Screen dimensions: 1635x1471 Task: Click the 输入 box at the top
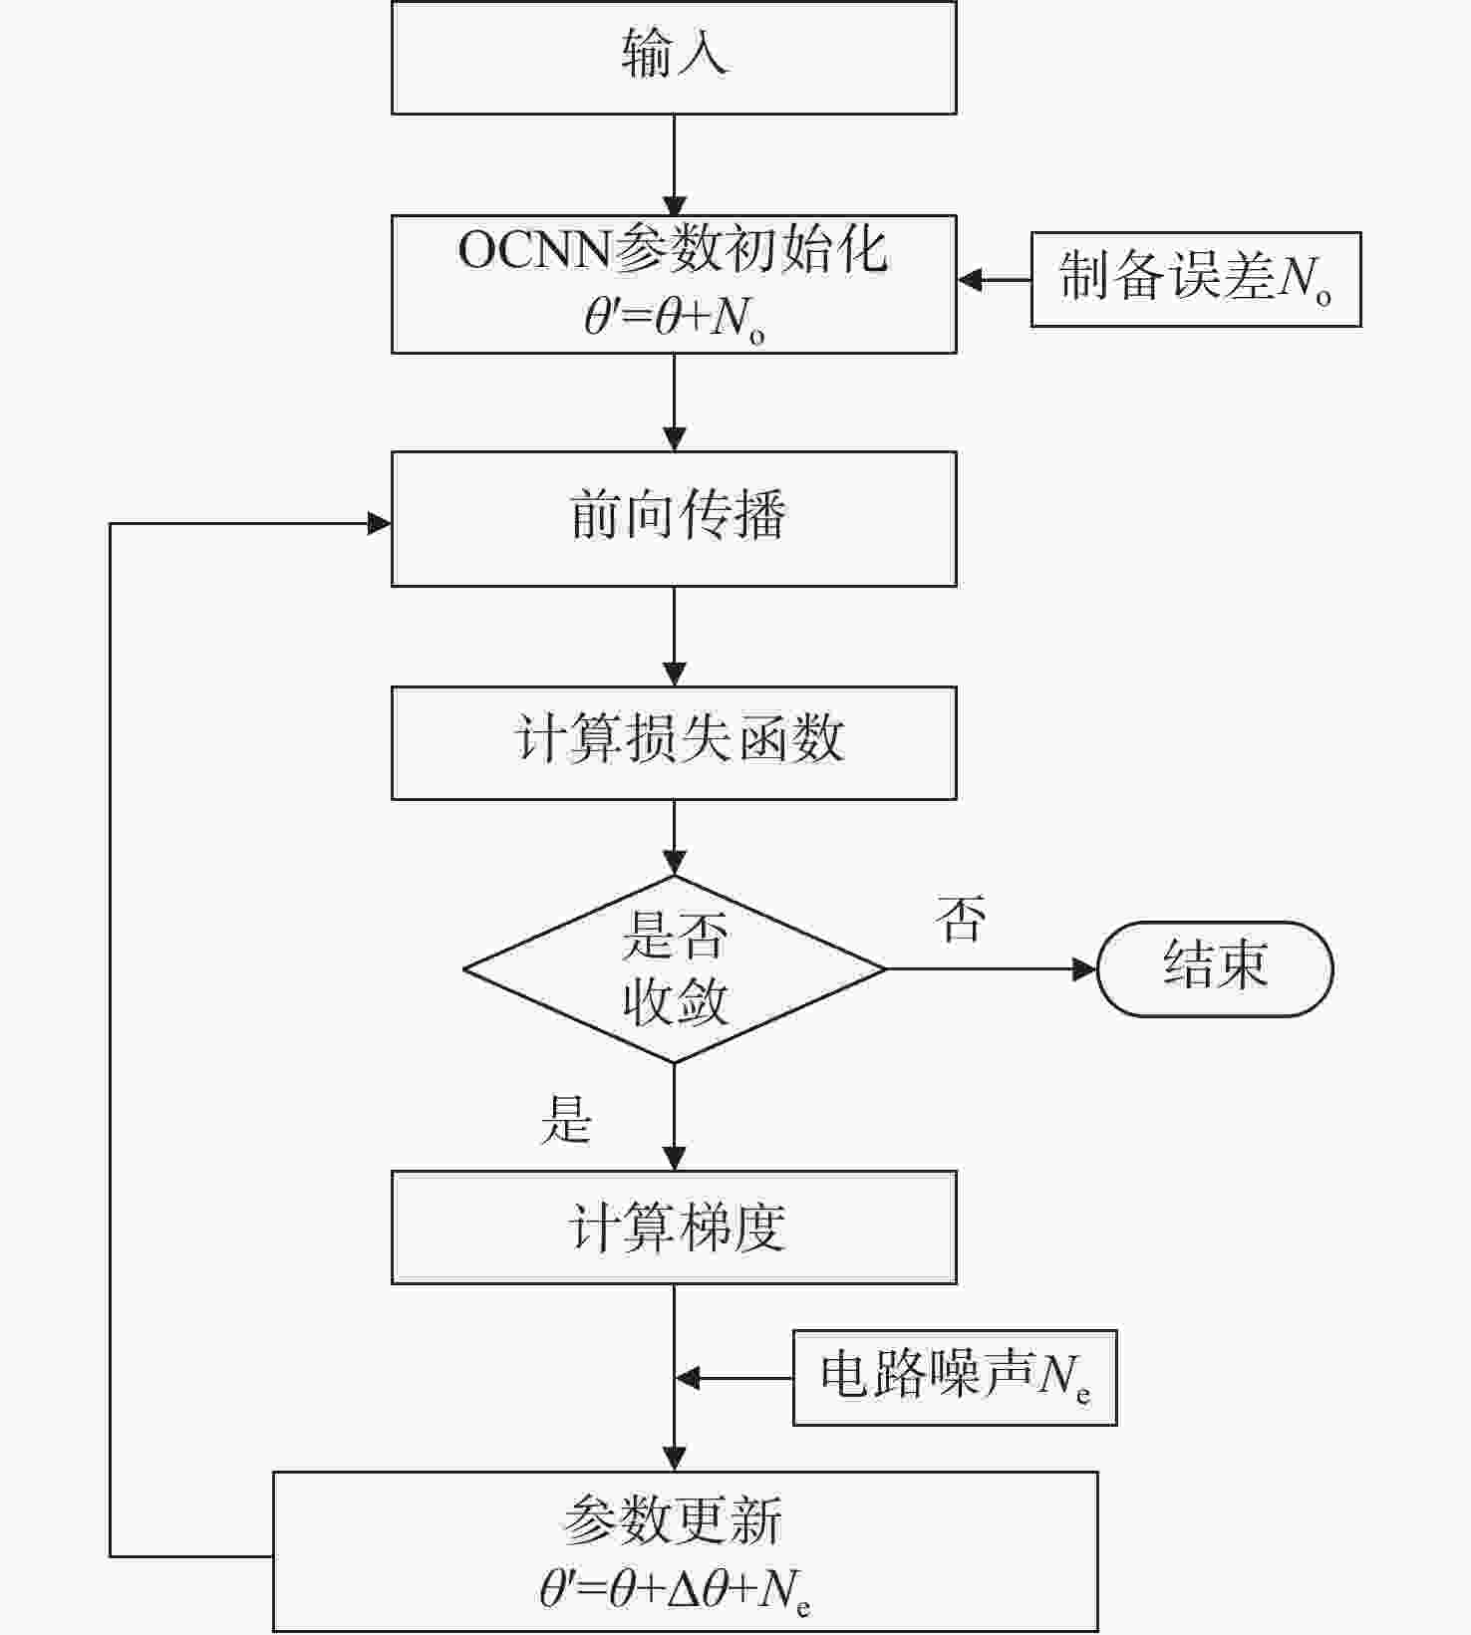coord(674,57)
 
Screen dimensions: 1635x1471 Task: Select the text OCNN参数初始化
coord(673,249)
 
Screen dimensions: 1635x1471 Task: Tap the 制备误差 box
coord(1195,279)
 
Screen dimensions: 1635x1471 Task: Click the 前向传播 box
coord(674,518)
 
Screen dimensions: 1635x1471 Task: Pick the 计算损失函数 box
coord(674,742)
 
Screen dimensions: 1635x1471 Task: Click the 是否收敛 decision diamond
coord(675,968)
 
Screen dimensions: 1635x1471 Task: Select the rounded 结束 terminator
coord(1215,968)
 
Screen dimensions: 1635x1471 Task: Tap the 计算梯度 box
coord(674,1226)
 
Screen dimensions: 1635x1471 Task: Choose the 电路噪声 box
coord(954,1378)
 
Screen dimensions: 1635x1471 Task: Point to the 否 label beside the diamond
coord(961,919)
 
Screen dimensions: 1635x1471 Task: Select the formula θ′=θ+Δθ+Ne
coord(675,1589)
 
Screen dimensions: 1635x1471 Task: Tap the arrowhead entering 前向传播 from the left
coord(380,523)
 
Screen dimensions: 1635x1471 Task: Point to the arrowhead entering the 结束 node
coord(1084,968)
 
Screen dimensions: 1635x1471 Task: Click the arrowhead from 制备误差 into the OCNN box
coord(970,280)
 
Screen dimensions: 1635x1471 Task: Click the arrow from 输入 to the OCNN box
coord(675,164)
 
